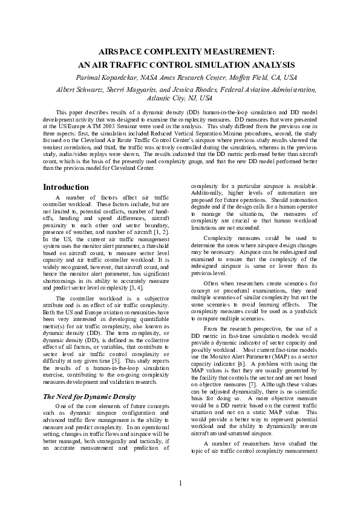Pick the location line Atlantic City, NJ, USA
click(180, 98)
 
